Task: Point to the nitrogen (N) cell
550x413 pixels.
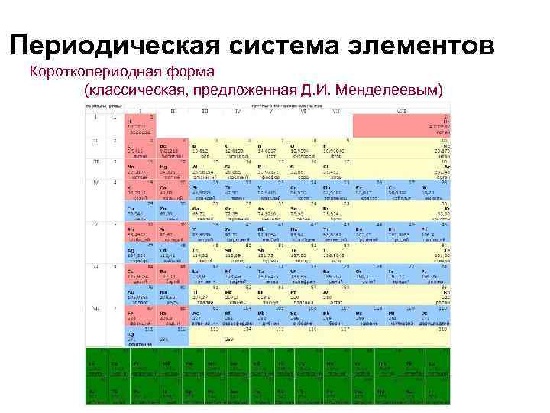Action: (267, 148)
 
